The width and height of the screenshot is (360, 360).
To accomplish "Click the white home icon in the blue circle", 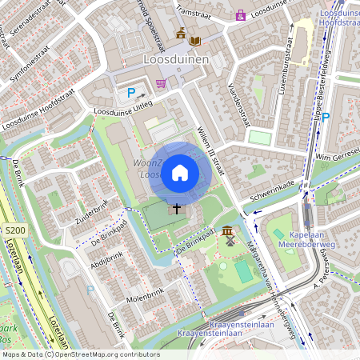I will pos(180,172).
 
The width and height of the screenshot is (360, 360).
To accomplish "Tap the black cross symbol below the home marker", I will pos(177,208).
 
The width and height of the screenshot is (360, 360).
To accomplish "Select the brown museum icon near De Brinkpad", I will pos(230,230).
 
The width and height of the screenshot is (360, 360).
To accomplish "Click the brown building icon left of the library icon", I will pos(181,34).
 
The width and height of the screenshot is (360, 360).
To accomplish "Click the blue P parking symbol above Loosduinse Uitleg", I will pos(131,93).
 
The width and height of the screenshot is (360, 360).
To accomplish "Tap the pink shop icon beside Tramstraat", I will pos(240,14).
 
